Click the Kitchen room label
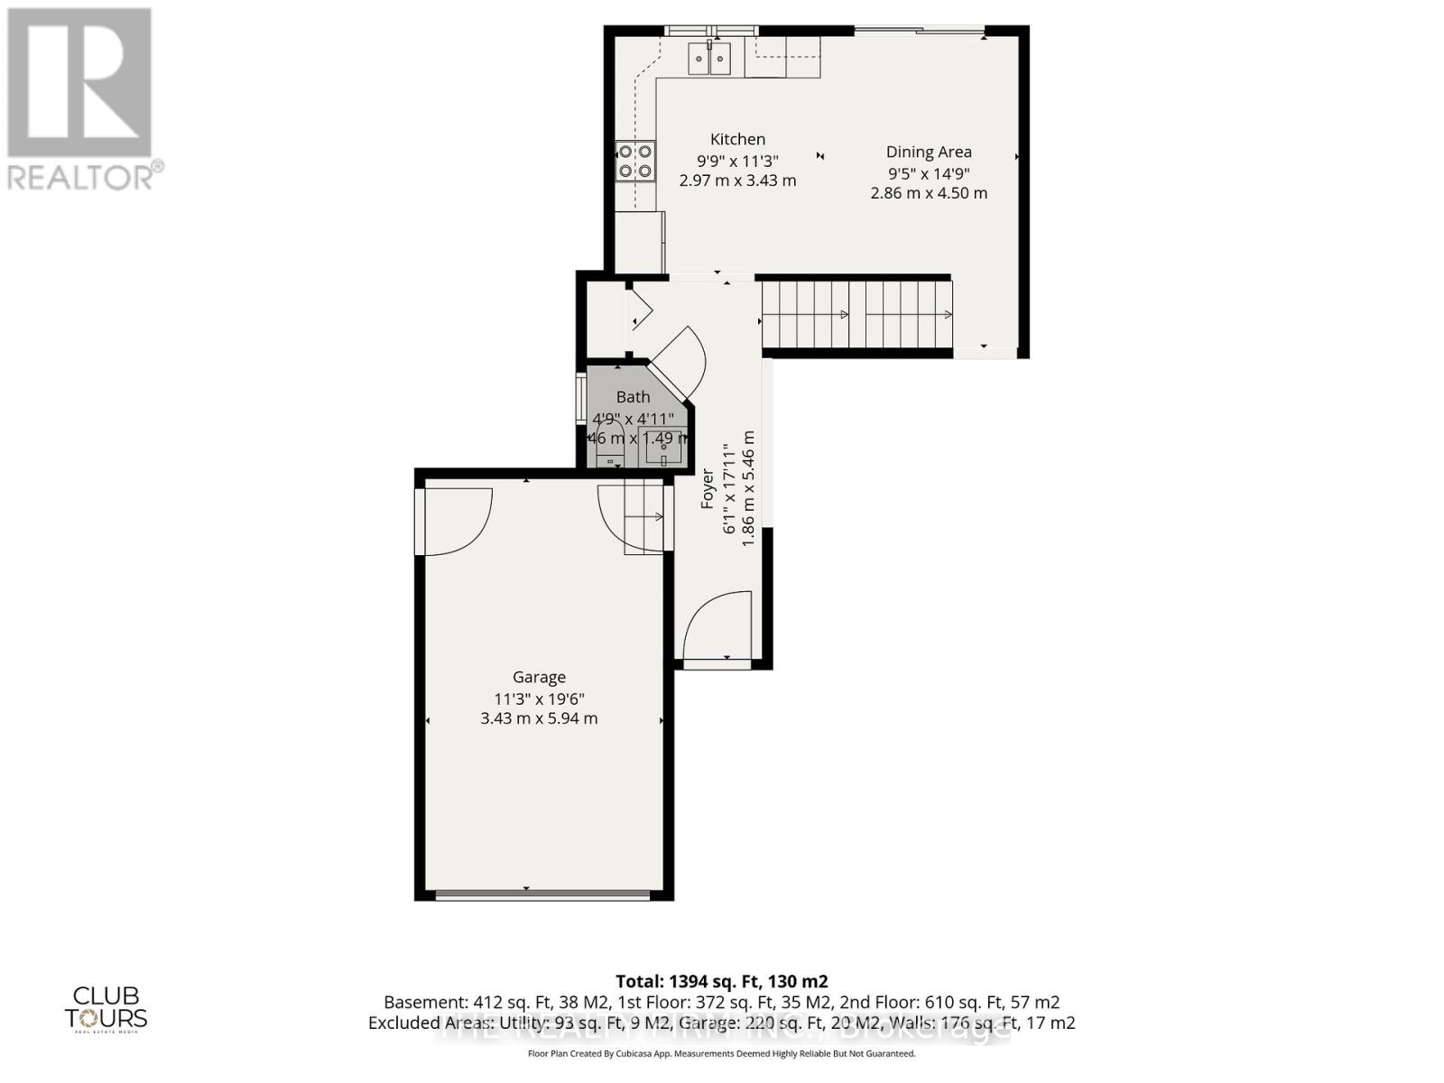[737, 139]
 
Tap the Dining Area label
[928, 152]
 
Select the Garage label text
[539, 677]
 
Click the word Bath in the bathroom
[633, 396]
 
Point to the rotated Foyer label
[708, 488]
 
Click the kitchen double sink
[709, 60]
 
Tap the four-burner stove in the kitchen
[634, 162]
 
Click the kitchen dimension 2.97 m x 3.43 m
[737, 180]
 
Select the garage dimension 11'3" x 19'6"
[539, 699]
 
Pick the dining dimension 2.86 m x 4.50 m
[928, 193]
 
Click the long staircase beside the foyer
[856, 314]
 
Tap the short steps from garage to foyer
[644, 517]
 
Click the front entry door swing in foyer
[718, 625]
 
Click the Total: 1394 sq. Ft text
[721, 981]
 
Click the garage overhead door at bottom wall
[541, 895]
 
